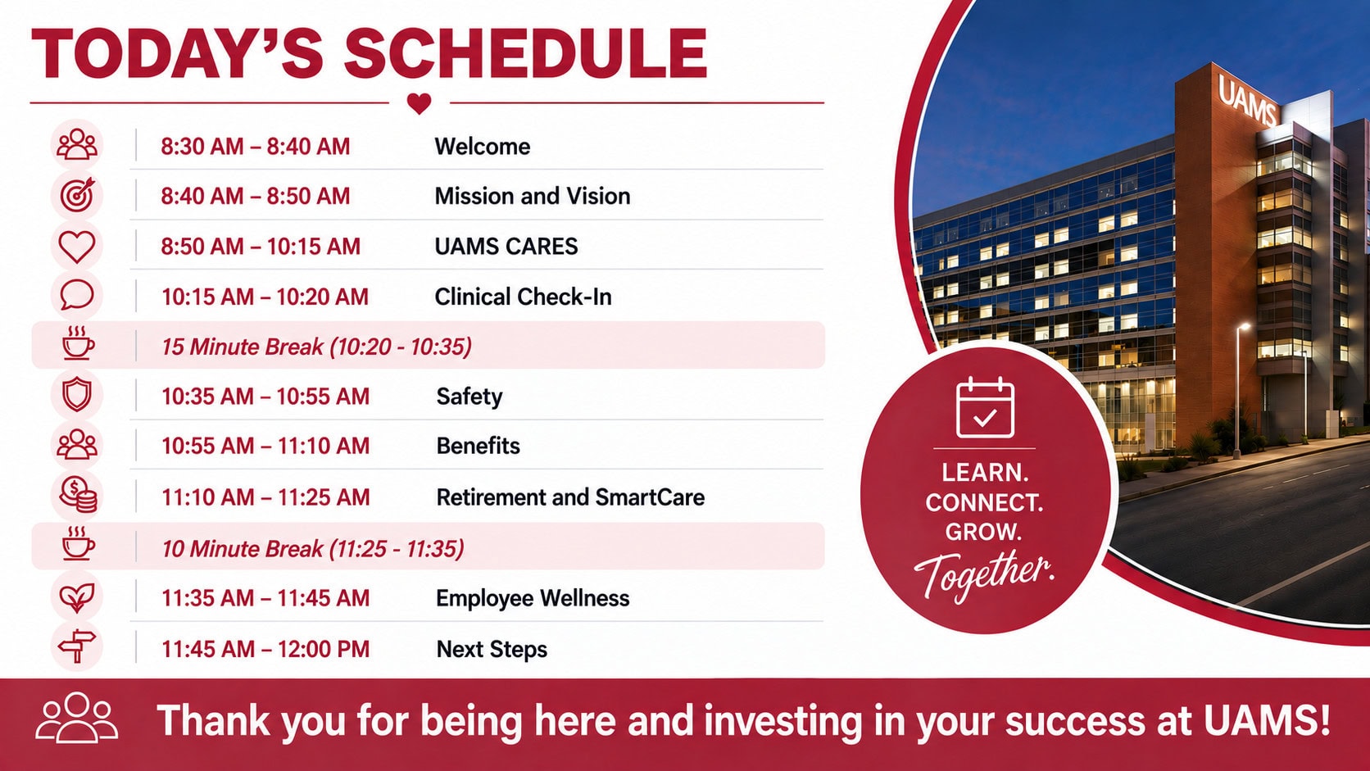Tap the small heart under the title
pyautogui.click(x=419, y=103)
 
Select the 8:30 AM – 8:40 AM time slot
pyautogui.click(x=255, y=147)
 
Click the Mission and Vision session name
pyautogui.click(x=532, y=197)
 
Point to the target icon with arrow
pyautogui.click(x=77, y=195)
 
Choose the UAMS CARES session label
pyautogui.click(x=506, y=247)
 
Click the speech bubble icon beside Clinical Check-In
pyautogui.click(x=77, y=295)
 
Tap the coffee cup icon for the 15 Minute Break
pyautogui.click(x=78, y=342)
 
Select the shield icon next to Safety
pyautogui.click(x=77, y=395)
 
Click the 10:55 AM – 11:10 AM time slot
pyautogui.click(x=265, y=447)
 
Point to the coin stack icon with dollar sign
pyautogui.click(x=78, y=495)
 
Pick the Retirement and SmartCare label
pyautogui.click(x=570, y=497)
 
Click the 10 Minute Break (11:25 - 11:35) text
pyautogui.click(x=312, y=548)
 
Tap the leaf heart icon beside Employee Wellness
pyautogui.click(x=77, y=596)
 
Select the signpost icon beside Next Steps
pyautogui.click(x=77, y=646)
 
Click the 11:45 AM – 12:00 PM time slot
pyautogui.click(x=265, y=649)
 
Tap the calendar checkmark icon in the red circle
pyautogui.click(x=985, y=408)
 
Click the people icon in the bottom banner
pyautogui.click(x=76, y=718)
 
